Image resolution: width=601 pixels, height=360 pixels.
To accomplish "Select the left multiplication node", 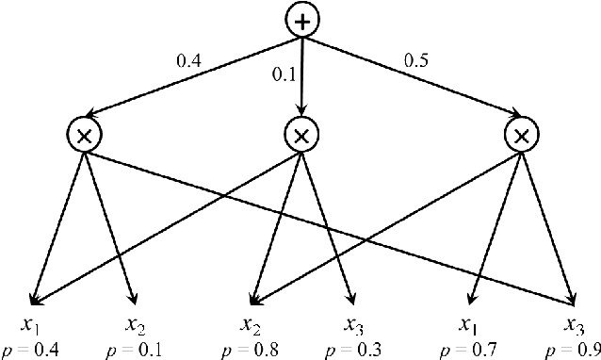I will [84, 137].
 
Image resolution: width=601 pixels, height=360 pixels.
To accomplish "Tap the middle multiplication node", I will [301, 137].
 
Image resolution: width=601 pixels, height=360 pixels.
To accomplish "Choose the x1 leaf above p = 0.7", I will [466, 325].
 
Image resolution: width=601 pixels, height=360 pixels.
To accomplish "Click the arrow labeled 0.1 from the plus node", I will [301, 80].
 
